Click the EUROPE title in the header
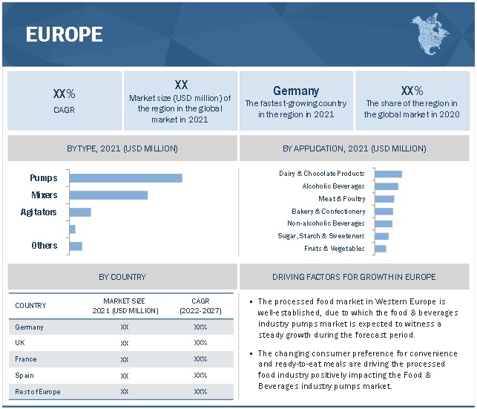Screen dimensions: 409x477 (65, 34)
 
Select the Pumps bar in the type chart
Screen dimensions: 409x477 (125, 178)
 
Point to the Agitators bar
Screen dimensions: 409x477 (79, 212)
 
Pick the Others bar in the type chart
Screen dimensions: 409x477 (75, 246)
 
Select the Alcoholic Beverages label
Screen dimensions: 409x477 (333, 186)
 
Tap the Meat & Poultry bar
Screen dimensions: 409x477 (384, 199)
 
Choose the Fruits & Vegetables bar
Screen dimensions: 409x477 (381, 249)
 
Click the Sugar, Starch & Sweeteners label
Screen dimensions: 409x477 (321, 236)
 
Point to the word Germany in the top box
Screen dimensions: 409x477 (295, 91)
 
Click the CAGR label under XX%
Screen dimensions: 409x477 (65, 110)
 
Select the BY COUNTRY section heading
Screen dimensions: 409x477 (122, 277)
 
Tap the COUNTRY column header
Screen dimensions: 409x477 (30, 305)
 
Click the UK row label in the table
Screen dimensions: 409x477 (20, 343)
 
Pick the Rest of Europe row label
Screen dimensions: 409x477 (38, 391)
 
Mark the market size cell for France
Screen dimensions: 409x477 (124, 359)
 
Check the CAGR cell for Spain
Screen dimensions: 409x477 (200, 376)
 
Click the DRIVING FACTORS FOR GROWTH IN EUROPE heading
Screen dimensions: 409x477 (354, 277)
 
